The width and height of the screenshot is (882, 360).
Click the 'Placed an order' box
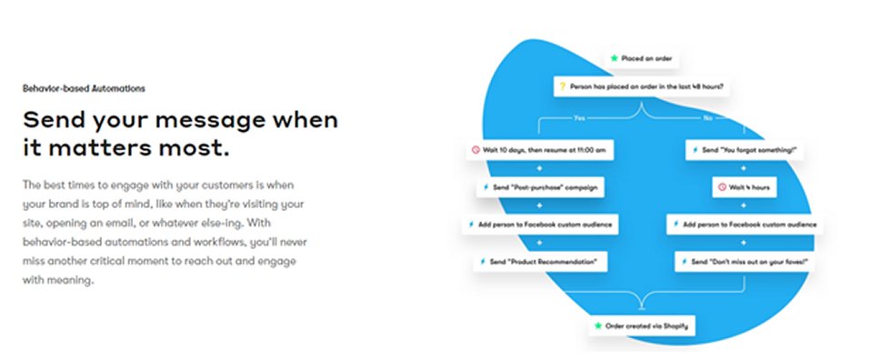coord(642,58)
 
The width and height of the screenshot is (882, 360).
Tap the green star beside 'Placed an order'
coord(614,58)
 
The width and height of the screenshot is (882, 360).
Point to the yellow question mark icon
coord(562,88)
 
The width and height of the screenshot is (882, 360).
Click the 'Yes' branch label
coord(579,117)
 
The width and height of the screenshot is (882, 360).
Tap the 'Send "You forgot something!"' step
coord(745,149)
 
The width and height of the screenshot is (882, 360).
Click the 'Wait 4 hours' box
coord(744,187)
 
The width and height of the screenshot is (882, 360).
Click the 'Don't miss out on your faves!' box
coord(744,262)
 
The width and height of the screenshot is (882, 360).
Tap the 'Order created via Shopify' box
coord(642,324)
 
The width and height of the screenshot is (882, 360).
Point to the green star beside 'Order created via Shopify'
coord(597,324)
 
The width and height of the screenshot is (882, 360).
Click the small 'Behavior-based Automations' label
coord(85,89)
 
